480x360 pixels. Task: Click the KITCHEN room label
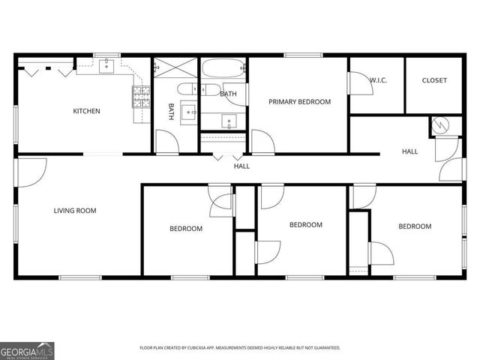coord(86,112)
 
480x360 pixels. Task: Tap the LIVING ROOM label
coord(75,211)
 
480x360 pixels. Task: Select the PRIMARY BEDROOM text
coord(299,101)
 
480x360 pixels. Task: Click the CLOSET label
coord(434,80)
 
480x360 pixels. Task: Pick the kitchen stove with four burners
coord(141,96)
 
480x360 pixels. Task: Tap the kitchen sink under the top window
coord(107,66)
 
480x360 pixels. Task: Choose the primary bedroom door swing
coord(262,141)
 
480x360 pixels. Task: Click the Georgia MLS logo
coord(27,349)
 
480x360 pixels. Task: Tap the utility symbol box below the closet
coord(440,126)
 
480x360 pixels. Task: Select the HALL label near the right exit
coord(409,151)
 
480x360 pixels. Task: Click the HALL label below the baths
coord(241,166)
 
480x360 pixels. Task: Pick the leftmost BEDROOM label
coord(185,229)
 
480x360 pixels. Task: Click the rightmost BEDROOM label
coord(415,226)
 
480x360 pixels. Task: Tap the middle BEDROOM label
coord(306,225)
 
